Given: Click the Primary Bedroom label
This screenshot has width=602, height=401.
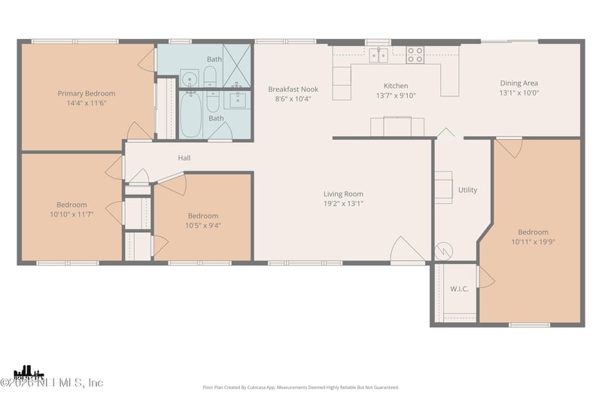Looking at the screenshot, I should (x=86, y=94).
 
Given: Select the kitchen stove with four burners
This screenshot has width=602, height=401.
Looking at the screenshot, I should (x=415, y=54).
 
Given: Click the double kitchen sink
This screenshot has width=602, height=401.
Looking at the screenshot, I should (x=379, y=54).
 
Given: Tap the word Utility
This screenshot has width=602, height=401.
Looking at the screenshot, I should (x=467, y=190).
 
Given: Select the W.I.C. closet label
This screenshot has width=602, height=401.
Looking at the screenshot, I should (x=460, y=289).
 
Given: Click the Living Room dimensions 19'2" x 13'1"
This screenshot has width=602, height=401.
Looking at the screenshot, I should (x=343, y=203).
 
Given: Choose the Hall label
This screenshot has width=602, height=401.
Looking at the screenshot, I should (x=184, y=158).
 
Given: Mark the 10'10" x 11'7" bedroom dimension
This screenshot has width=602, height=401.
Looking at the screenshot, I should (x=71, y=214).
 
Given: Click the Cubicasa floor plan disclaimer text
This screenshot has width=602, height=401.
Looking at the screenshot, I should (x=300, y=387).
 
